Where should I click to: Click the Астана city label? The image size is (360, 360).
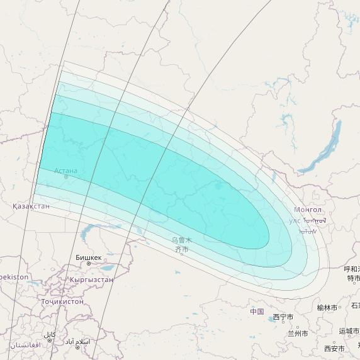(x=65, y=171)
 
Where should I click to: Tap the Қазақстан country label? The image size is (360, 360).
(x=31, y=206)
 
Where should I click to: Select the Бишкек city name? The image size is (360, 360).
(x=88, y=257)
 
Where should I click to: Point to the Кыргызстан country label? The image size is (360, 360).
(x=92, y=279)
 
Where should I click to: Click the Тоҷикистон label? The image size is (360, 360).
(x=62, y=301)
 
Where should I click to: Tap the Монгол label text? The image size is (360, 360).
(x=308, y=210)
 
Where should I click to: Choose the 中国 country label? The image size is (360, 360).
(x=257, y=312)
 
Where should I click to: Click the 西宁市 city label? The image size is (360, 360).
(x=283, y=317)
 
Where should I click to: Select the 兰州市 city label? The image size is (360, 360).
(x=297, y=333)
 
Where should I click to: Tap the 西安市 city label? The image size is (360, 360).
(x=334, y=348)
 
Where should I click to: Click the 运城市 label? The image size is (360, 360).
(x=349, y=331)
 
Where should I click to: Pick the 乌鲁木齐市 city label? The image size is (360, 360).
(x=181, y=245)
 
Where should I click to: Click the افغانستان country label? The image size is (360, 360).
(x=25, y=345)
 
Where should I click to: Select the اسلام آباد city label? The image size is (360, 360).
(x=78, y=342)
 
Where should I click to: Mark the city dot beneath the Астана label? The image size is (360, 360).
(x=65, y=177)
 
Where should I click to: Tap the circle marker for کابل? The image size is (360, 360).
(x=50, y=340)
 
